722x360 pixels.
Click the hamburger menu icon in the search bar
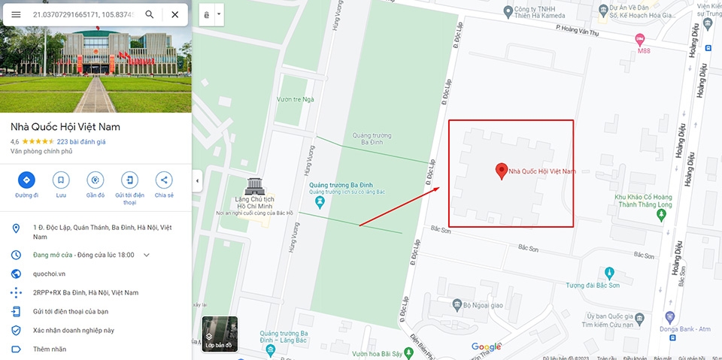tap(16, 14)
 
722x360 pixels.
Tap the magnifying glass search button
tap(150, 14)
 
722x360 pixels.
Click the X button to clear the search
tap(174, 14)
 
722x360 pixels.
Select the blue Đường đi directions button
tap(26, 180)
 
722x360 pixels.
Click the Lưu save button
tap(61, 180)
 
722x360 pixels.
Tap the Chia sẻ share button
tap(164, 180)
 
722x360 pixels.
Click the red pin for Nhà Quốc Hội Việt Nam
tap(501, 171)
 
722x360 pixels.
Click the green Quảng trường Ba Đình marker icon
tap(320, 203)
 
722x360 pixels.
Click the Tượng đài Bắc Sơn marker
tap(609, 273)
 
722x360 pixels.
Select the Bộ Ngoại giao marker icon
tap(457, 304)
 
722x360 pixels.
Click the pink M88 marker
tap(640, 38)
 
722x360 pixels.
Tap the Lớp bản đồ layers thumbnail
tap(220, 334)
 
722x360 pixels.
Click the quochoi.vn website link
tap(49, 274)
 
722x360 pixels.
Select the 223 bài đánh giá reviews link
tap(81, 141)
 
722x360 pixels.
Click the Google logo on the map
tap(486, 346)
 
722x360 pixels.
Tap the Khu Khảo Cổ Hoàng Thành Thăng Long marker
tap(661, 215)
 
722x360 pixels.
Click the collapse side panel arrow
tap(196, 180)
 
